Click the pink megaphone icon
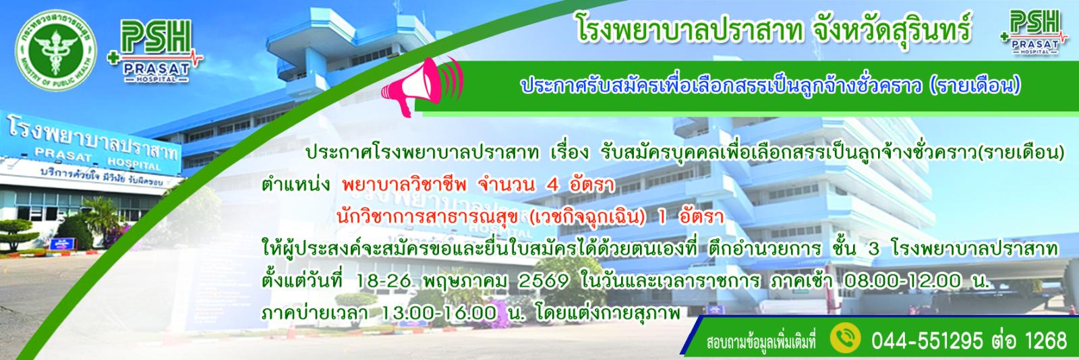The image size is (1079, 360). pyautogui.click(x=421, y=86)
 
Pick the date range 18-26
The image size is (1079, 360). pyautogui.click(x=384, y=281)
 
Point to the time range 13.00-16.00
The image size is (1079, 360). pyautogui.click(x=438, y=313)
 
